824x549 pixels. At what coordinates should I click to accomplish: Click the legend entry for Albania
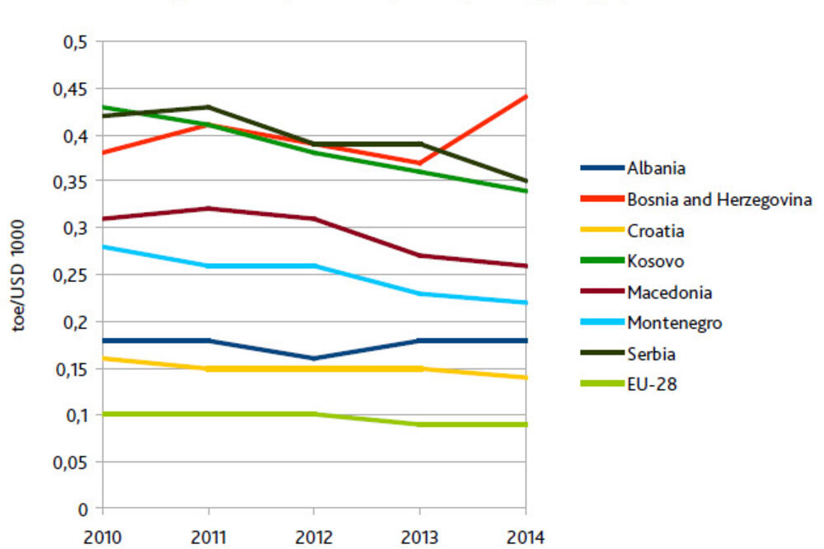point(656,168)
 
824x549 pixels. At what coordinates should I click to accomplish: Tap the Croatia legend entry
point(655,231)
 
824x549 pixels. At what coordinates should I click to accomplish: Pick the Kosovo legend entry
point(655,261)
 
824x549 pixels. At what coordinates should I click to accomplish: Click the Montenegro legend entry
point(674,323)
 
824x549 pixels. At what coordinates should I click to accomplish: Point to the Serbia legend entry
point(652,354)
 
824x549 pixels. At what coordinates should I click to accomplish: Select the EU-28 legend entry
point(652,383)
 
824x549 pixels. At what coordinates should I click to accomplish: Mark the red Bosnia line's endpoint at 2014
point(527,96)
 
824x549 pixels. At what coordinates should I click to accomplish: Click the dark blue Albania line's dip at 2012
point(315,359)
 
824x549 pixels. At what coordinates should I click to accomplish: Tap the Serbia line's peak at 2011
point(209,106)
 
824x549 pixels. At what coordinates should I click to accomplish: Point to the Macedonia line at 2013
point(421,256)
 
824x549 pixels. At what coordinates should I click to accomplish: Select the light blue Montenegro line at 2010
point(104,246)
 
